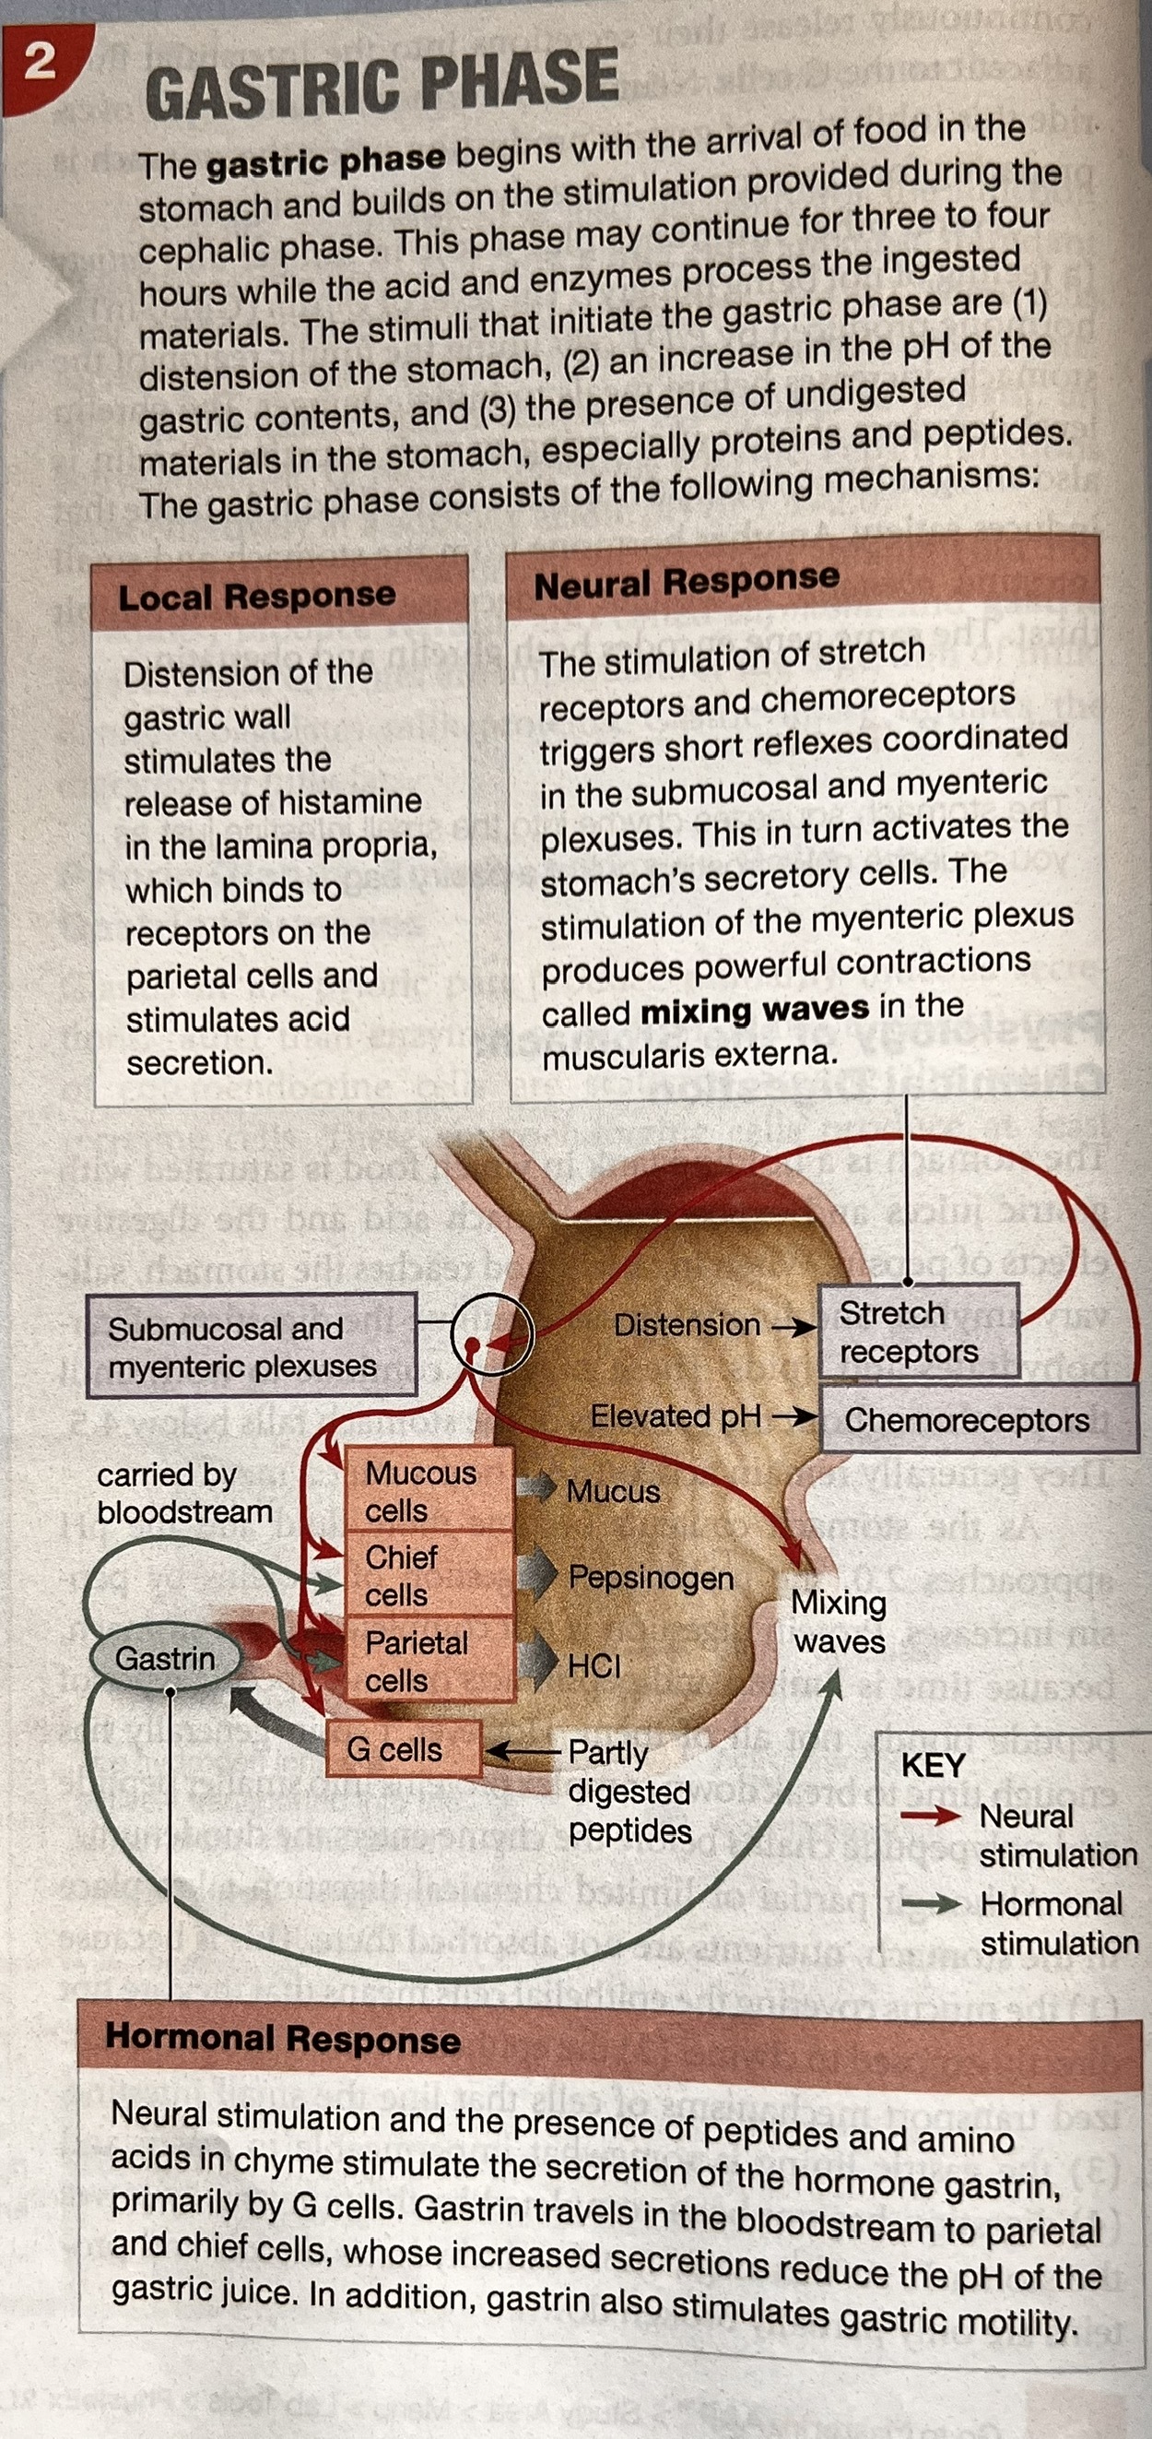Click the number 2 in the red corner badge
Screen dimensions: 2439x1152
(x=39, y=63)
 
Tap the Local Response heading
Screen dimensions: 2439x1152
(x=256, y=596)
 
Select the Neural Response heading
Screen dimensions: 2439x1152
(x=687, y=581)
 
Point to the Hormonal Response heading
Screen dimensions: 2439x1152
(x=282, y=2039)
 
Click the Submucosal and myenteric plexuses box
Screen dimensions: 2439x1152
(x=250, y=1346)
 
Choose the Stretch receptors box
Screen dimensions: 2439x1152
(x=915, y=1332)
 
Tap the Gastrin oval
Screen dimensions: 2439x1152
(x=165, y=1658)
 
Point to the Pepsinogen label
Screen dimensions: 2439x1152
(x=651, y=1578)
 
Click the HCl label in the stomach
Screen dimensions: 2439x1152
(x=594, y=1665)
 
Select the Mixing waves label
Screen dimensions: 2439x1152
(x=839, y=1621)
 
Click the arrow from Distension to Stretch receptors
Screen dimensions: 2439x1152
(x=793, y=1327)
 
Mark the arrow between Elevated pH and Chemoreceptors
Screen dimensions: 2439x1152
(x=793, y=1417)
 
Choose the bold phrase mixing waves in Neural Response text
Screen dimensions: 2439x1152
(x=755, y=1010)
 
